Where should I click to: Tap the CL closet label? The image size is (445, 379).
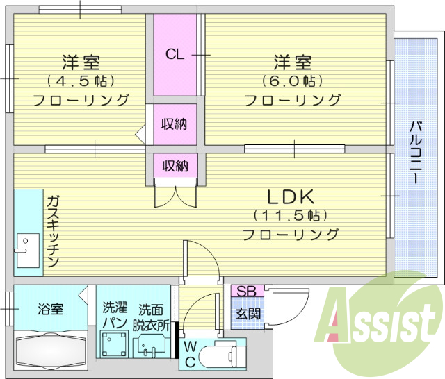pos(175,54)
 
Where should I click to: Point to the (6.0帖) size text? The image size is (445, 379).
pos(292,81)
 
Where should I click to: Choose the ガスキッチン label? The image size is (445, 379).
pos(53,233)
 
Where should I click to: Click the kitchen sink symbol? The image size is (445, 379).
pos(26,250)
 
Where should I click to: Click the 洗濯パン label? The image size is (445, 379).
pos(114,315)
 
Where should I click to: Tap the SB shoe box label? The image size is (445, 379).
pos(245,292)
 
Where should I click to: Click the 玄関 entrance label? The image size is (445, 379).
pos(245,314)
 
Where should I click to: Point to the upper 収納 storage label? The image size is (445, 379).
pos(175,124)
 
